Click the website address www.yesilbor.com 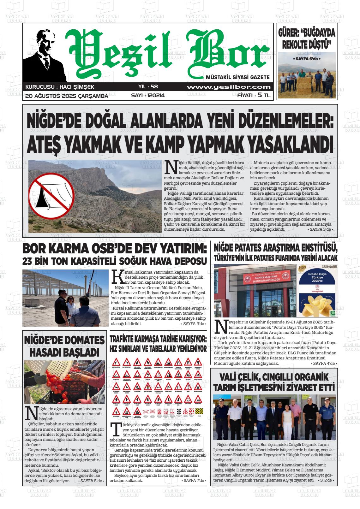229,87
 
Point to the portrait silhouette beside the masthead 45,56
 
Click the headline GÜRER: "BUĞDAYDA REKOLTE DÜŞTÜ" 307,38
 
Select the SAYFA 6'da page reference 307,59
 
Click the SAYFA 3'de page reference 320,229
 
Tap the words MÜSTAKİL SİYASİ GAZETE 237,77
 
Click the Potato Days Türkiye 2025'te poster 316,290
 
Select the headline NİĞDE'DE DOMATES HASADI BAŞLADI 64,346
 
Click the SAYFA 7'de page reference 195,481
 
